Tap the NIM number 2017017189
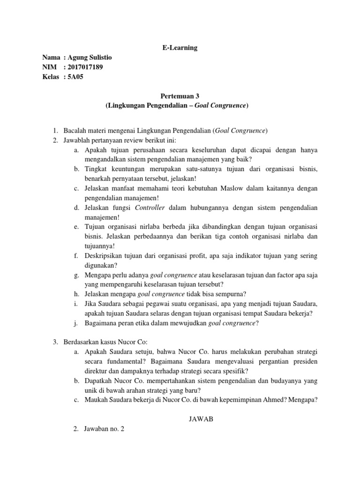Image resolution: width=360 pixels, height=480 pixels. [x=85, y=67]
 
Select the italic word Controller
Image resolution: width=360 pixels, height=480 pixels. [x=150, y=208]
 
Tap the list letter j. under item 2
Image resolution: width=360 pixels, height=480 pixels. [x=76, y=323]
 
